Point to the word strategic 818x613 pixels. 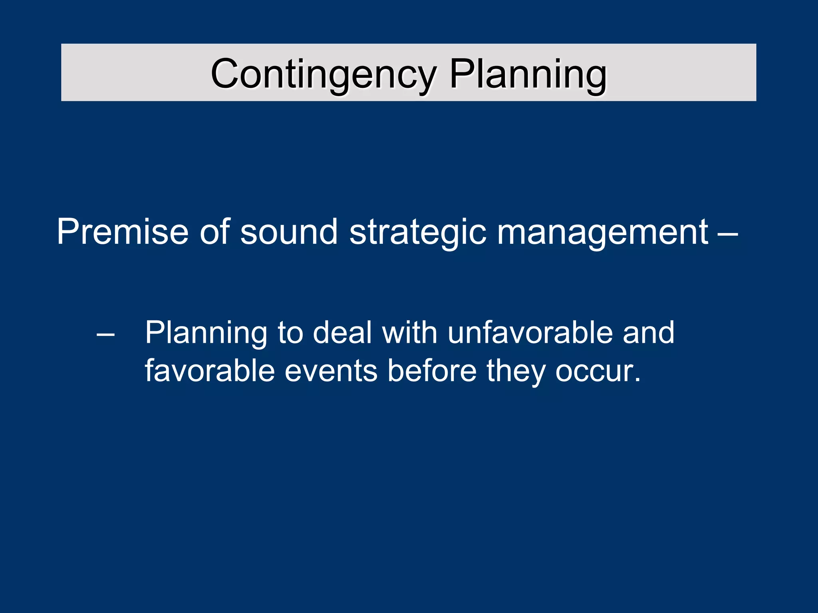418,232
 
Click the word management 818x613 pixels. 602,232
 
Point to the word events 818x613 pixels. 331,371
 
